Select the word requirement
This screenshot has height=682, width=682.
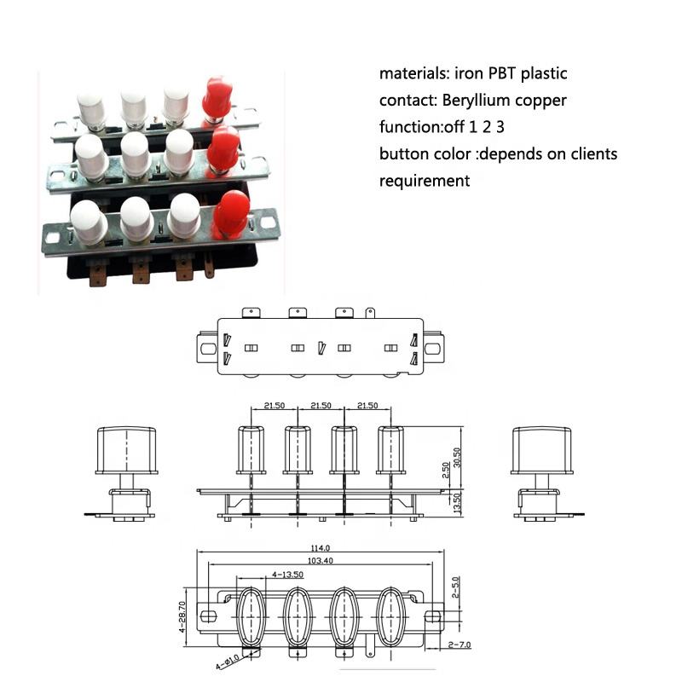[x=424, y=181]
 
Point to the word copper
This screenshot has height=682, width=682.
[x=543, y=101]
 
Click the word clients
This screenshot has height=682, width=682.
[x=592, y=154]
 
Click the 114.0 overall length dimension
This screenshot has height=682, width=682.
[x=321, y=548]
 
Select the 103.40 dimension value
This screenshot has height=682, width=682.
[x=321, y=560]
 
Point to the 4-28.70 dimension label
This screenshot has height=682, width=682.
[x=182, y=616]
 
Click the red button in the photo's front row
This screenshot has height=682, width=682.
[x=232, y=214]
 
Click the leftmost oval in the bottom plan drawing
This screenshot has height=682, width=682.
[x=251, y=616]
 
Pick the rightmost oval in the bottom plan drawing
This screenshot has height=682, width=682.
[x=390, y=616]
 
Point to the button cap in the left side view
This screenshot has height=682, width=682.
[x=127, y=449]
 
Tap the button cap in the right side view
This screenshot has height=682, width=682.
[x=542, y=449]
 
